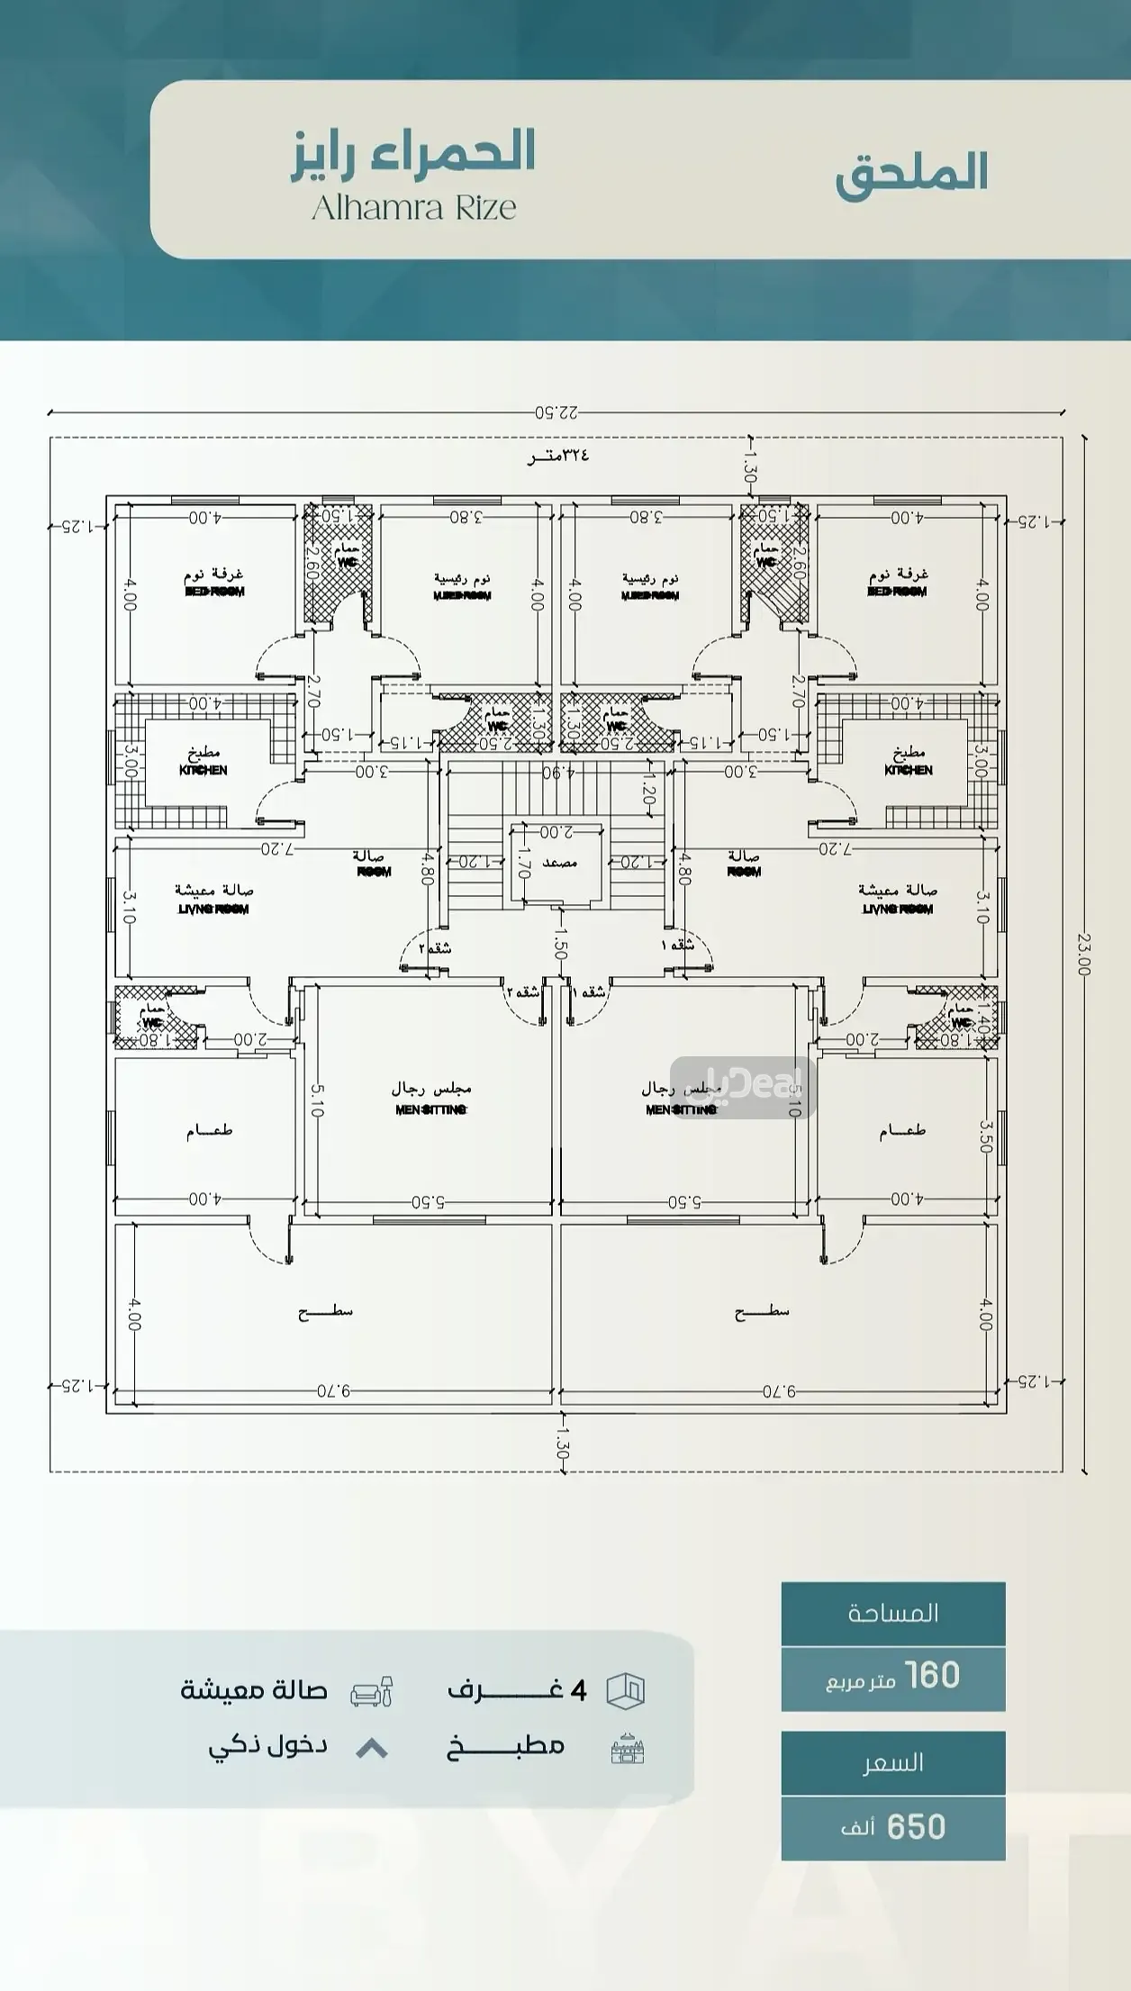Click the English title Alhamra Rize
coord(413,208)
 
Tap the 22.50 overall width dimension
coord(556,412)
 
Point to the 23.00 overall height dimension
coord(1083,954)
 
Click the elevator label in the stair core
coord(559,863)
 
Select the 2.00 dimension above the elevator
coord(556,831)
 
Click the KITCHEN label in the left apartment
coord(204,770)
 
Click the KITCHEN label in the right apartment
coord(908,770)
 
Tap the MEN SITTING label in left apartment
coord(430,1109)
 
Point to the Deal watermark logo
coord(742,1087)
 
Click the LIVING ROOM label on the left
coord(213,909)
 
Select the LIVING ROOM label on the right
coord(898,909)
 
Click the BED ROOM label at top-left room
coord(214,592)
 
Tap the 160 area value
coord(932,1676)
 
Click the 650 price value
coord(916,1827)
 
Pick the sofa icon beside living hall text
coord(371,1691)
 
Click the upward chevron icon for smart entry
coord(372,1749)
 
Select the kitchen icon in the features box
coord(627,1749)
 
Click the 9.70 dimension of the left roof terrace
coord(332,1390)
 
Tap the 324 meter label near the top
coord(557,456)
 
